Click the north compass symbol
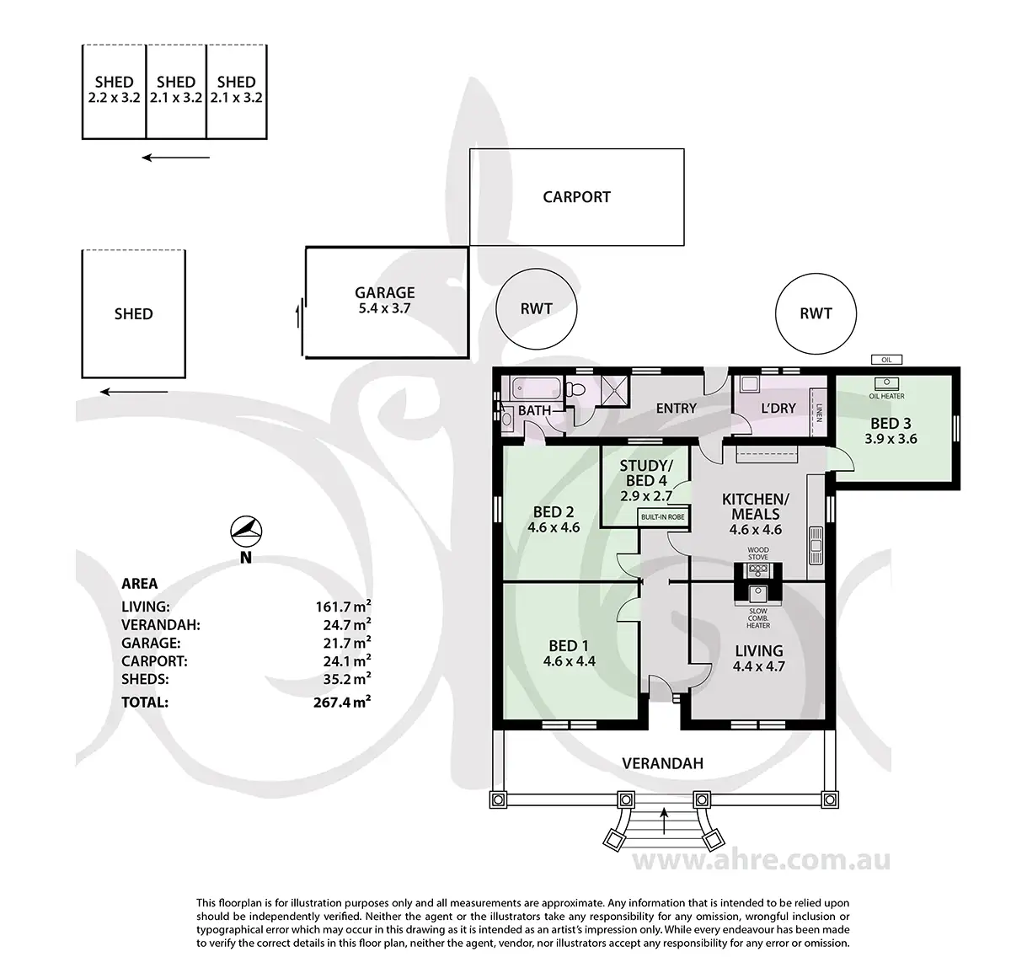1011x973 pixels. (x=246, y=531)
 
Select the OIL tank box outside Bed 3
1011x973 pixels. (x=886, y=360)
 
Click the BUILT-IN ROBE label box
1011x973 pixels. (x=662, y=517)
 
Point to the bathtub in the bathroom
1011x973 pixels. (x=536, y=388)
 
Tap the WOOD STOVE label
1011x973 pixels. (x=758, y=553)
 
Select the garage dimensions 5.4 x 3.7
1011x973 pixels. (x=384, y=308)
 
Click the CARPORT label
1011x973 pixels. (x=576, y=197)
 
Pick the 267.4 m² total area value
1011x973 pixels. (x=342, y=703)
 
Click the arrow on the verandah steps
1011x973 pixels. (x=663, y=821)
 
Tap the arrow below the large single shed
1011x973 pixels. (x=134, y=392)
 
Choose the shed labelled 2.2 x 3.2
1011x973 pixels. (x=114, y=92)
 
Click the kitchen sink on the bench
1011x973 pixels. (x=816, y=545)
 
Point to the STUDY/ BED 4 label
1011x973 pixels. (x=646, y=473)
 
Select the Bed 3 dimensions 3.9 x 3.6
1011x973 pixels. (x=891, y=439)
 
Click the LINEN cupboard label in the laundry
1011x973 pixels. (x=819, y=413)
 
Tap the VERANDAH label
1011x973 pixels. (x=662, y=763)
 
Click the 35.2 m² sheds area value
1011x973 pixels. (x=347, y=679)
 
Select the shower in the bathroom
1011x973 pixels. (x=614, y=389)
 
